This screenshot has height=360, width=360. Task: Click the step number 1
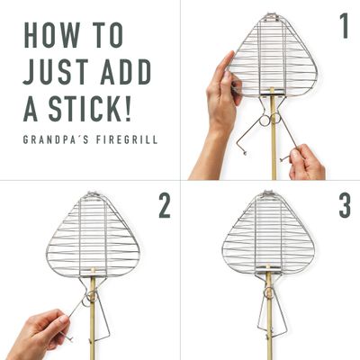pos(344,27)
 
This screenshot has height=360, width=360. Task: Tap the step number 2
pos(164,206)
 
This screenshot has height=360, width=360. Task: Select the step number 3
pos(344,206)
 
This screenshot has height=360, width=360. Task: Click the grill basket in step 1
pos(273,54)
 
